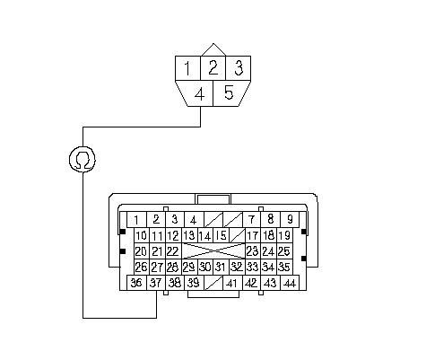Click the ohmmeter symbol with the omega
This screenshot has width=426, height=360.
coord(83,160)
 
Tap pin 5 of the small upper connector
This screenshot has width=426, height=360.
coord(230,93)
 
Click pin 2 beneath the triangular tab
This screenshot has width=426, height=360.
coord(213,68)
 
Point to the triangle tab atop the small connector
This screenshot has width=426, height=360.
coord(213,50)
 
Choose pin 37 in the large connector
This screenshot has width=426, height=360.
coord(156,283)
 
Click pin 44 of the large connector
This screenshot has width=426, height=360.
coord(290,283)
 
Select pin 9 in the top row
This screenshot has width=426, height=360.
coord(290,220)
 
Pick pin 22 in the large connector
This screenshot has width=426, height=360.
coord(173,251)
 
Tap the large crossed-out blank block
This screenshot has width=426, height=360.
coord(213,251)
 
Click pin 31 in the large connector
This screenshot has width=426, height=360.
coord(221,267)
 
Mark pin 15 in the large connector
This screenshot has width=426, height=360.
coord(221,235)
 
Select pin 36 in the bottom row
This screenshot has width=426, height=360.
coord(136,283)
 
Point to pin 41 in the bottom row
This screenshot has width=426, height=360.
coord(232,283)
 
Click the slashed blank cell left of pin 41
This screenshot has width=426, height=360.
coord(213,283)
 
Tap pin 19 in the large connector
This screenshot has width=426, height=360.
coord(284,235)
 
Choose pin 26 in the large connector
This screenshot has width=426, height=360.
coord(141,267)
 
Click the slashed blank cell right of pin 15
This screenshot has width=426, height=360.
coord(238,235)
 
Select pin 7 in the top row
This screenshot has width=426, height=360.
coord(251,220)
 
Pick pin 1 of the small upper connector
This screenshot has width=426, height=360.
coord(187,68)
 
